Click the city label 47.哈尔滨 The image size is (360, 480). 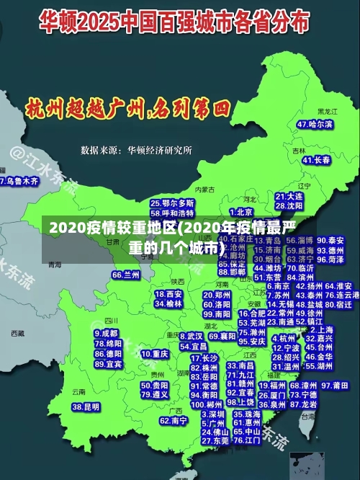coord(315,124)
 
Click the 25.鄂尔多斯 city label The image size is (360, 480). coord(172,204)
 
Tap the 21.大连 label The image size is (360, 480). coord(289,196)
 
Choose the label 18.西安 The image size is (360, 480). coord(168,294)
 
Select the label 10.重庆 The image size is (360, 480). coord(155,355)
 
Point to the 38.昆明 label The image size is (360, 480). coord(86,407)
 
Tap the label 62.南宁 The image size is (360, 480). coord(174,420)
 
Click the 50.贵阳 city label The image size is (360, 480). coord(156,385)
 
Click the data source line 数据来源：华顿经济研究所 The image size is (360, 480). coord(136,150)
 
